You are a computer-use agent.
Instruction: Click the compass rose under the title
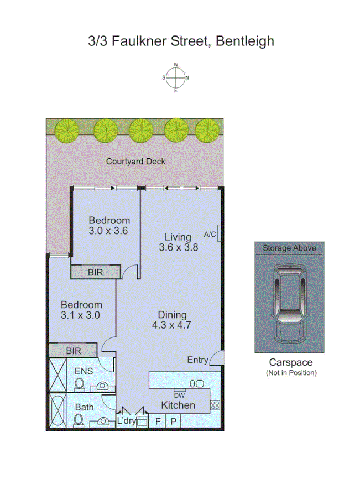click(176, 77)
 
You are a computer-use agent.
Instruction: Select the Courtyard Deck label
click(135, 162)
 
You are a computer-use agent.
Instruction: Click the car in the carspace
click(289, 301)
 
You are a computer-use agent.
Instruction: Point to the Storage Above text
click(289, 248)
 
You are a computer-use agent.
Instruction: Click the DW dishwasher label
click(179, 394)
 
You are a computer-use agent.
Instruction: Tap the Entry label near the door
click(197, 360)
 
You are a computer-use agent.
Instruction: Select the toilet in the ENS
click(79, 384)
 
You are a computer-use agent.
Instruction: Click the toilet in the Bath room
click(79, 420)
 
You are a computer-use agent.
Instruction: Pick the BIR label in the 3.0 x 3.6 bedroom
click(95, 272)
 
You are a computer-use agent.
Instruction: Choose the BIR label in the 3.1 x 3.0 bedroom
click(74, 350)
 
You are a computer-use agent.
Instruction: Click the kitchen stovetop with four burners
click(215, 405)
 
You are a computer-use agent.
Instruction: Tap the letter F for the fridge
click(158, 422)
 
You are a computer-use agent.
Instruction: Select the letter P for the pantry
click(173, 422)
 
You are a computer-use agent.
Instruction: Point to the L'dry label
click(127, 422)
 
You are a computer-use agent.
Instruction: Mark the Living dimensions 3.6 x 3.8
click(178, 247)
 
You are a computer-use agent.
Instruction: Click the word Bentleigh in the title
click(245, 41)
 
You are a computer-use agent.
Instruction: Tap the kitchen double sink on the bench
click(196, 383)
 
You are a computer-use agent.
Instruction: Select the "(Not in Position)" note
click(291, 373)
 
